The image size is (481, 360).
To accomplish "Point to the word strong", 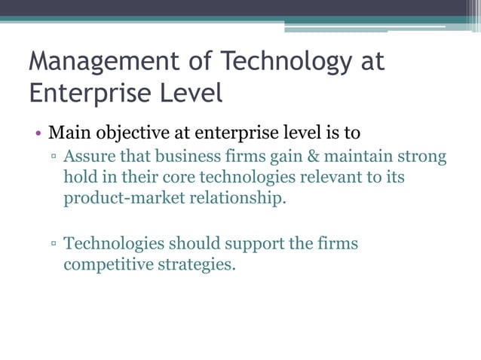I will coord(421,157).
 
